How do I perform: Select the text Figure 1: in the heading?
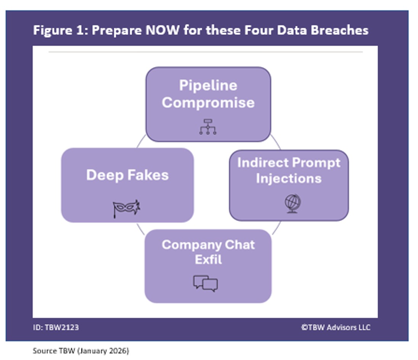click(60, 30)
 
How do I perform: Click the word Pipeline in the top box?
click(208, 85)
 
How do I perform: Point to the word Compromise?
click(208, 102)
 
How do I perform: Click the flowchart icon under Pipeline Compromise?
click(207, 127)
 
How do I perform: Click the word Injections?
click(289, 178)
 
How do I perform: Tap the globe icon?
click(293, 203)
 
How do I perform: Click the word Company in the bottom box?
click(187, 245)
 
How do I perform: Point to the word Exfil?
click(208, 260)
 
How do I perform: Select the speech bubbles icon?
click(206, 283)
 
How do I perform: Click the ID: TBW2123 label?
click(56, 327)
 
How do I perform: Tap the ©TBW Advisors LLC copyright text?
click(335, 327)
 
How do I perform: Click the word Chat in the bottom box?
click(236, 245)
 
